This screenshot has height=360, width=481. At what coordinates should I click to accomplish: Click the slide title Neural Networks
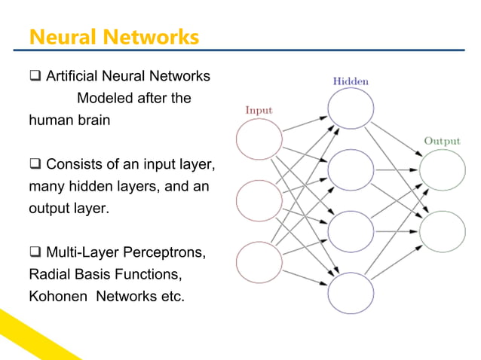coord(113,36)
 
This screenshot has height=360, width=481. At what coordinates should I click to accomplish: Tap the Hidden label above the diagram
coord(350,81)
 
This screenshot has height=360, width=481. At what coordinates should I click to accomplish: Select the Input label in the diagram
coord(259,110)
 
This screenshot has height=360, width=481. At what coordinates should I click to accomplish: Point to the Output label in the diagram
coord(442,141)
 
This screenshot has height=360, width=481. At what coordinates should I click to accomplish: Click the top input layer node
coord(259,140)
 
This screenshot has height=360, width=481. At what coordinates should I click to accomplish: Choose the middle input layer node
coord(259,201)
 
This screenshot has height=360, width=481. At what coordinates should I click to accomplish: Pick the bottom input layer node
coord(259,261)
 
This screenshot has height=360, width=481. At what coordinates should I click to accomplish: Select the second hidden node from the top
coord(350,170)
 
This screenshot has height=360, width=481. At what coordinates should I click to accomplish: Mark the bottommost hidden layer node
coord(350,292)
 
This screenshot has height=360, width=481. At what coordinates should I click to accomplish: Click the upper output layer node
coord(442,170)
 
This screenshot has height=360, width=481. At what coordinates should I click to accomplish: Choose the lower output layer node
coord(442,230)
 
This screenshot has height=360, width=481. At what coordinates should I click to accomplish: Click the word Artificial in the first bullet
coord(70,77)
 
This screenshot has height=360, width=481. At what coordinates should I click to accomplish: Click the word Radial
coord(48,273)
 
